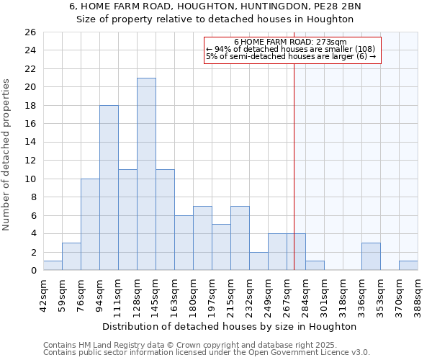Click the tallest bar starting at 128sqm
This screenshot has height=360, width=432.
tap(146, 174)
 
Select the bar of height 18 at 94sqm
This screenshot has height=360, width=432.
tap(109, 188)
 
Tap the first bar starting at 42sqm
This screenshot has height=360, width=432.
tap(53, 266)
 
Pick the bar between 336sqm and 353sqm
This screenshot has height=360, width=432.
tap(371, 257)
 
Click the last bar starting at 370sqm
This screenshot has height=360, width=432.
tap(408, 266)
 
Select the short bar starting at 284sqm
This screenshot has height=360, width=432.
tap(315, 266)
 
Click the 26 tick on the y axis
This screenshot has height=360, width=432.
tap(30, 32)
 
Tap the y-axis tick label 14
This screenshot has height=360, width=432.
tap(30, 143)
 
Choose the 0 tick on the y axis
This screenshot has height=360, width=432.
tap(32, 271)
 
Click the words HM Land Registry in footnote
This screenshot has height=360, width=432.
tap(109, 345)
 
